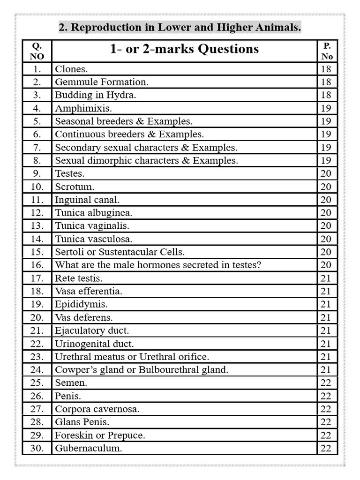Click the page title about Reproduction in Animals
coord(180,28)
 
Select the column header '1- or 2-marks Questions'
coord(184,49)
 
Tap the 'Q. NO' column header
coord(37,51)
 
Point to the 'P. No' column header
coord(327,51)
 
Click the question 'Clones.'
coord(71,69)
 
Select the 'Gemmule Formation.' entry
coord(102,82)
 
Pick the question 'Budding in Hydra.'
coord(96,95)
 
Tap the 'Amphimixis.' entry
coord(83,108)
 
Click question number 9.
coord(37,173)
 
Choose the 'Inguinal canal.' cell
coord(87,200)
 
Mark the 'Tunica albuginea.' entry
coord(94,213)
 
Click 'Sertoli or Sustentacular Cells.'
coord(120,252)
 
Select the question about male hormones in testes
coord(158,265)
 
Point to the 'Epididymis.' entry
coord(81,304)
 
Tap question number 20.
coord(37,317)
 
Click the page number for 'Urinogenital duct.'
coord(326,344)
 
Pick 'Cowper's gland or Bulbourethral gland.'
coord(142,370)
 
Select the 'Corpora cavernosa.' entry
coord(97,409)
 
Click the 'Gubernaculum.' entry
coord(89,448)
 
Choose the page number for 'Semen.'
coord(326,382)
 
